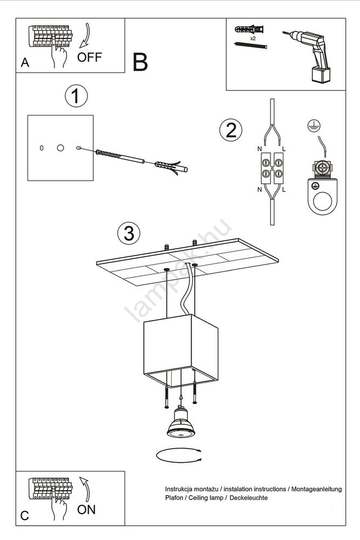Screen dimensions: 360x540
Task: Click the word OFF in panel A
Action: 90,57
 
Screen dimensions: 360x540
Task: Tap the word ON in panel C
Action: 86,510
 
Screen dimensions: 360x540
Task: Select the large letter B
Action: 140,62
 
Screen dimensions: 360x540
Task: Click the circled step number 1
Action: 77,96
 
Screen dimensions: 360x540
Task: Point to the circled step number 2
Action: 231,130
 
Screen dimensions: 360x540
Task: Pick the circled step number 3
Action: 128,233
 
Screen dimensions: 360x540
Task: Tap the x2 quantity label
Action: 253,38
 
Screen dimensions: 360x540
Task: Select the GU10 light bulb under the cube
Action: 181,422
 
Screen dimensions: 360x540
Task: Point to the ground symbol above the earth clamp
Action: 314,126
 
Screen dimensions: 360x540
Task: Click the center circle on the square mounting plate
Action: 60,148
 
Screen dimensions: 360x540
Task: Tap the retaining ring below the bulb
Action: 179,456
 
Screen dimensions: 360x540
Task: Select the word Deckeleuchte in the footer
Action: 248,498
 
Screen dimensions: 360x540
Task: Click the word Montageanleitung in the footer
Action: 317,489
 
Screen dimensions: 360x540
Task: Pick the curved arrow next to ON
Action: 85,489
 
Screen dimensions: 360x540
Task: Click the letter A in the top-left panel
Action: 25,62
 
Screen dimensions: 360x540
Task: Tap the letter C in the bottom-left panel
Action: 24,516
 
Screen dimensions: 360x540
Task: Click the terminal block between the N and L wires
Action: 272,168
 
